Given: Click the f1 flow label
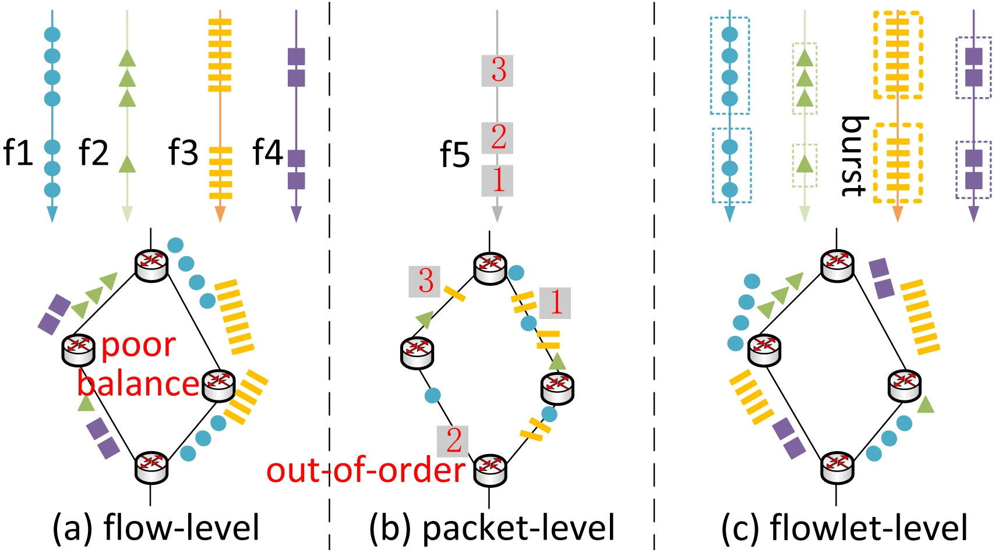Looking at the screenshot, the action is coord(17,153).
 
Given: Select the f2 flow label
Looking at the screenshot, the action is coord(94,153).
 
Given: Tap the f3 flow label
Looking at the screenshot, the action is coord(183,153).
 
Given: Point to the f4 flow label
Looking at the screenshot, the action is coord(267,153).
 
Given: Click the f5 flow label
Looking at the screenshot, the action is coord(454,154).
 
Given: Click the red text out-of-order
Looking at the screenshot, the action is coord(366,470).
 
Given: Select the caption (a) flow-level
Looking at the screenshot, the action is coord(156,528).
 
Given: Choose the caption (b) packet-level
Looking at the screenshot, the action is coord(492,528).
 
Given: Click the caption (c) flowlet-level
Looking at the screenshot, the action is coord(844,528).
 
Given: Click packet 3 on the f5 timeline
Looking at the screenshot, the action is coord(498,70).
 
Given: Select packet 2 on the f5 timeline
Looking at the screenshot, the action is coord(498,138).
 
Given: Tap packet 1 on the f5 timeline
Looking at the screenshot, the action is coord(498,180).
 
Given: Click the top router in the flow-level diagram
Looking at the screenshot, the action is coord(151,265).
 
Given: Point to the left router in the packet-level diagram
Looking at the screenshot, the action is coord(417,353).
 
